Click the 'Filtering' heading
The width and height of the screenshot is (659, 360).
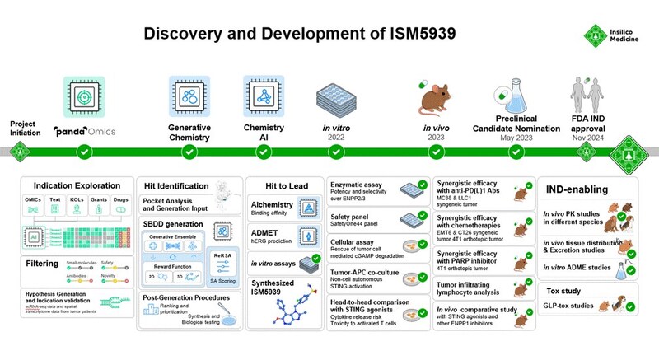[40, 264]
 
